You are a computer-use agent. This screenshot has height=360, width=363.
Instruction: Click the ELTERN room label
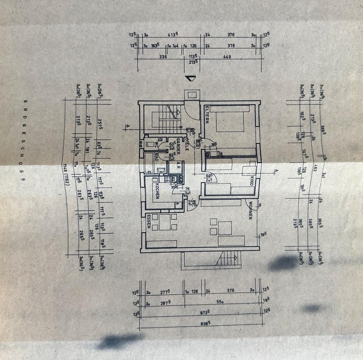[x=207, y=114]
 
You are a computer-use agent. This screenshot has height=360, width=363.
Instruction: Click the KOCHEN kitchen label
[x=156, y=191]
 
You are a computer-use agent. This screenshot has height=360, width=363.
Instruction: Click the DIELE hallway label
[x=186, y=144]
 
